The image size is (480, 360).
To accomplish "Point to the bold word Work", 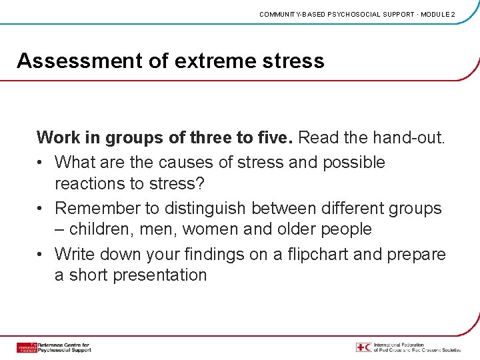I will [58, 138].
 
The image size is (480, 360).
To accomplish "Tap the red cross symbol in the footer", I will [364, 347].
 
